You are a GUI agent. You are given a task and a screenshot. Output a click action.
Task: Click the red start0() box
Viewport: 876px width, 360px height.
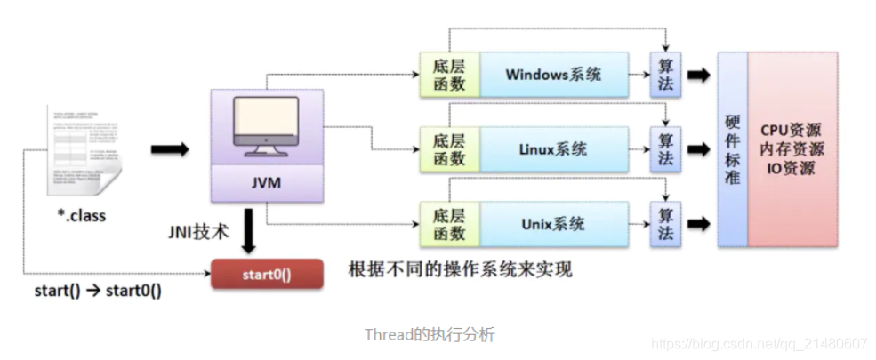click(266, 275)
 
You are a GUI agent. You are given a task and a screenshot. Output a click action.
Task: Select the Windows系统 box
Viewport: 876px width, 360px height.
click(553, 74)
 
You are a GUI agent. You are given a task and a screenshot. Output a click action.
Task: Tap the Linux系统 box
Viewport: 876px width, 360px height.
click(553, 148)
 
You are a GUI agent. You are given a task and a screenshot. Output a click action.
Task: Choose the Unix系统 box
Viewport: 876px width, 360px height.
click(553, 222)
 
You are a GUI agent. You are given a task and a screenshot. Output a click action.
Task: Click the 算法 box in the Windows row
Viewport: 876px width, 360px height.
click(666, 74)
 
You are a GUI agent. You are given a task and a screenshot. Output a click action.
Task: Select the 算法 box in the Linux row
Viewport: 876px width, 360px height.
click(666, 148)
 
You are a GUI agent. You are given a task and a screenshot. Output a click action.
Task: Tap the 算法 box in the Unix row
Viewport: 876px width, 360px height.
click(666, 222)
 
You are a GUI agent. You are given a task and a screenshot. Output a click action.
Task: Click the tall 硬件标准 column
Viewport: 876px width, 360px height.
click(733, 148)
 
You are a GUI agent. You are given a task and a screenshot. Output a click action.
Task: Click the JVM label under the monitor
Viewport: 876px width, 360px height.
click(266, 186)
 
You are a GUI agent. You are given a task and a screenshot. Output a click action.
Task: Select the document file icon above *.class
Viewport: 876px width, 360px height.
click(84, 150)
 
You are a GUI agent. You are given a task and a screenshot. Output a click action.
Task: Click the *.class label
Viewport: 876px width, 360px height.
click(83, 216)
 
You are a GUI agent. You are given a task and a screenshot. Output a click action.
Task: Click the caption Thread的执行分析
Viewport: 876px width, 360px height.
click(430, 335)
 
